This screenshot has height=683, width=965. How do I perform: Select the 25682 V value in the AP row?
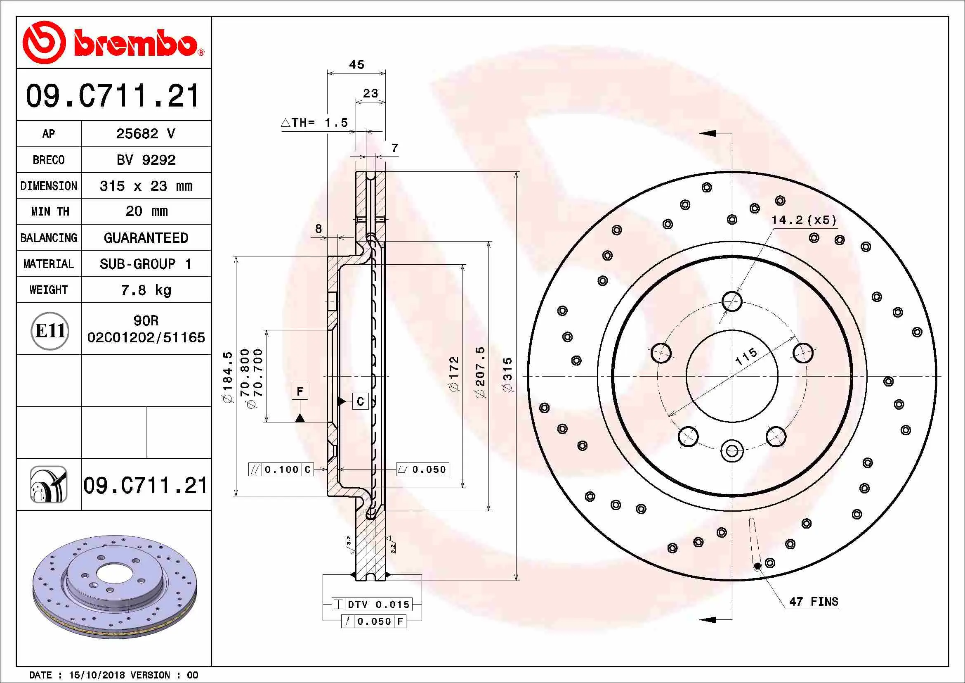click(x=145, y=134)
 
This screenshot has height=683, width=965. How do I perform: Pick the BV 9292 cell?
click(x=145, y=160)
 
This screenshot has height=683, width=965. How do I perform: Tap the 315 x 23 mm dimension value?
click(x=145, y=186)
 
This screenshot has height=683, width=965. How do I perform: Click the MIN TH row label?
click(x=50, y=211)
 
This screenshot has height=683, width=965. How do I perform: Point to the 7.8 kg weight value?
click(x=145, y=290)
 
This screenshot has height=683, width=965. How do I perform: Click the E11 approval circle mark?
click(x=50, y=331)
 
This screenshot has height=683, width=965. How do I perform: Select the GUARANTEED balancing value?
click(x=145, y=238)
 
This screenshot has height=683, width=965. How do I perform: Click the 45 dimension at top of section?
click(x=356, y=65)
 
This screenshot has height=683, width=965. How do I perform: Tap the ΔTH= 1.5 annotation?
click(x=314, y=123)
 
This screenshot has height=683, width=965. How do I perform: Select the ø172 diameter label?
click(x=454, y=374)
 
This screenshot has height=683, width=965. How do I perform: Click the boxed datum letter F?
click(x=300, y=391)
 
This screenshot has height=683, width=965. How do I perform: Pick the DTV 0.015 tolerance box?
click(x=373, y=605)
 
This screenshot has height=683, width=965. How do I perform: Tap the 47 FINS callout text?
click(x=813, y=602)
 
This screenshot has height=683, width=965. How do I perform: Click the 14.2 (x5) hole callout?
click(x=804, y=220)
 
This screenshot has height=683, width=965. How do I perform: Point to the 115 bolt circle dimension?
click(x=746, y=356)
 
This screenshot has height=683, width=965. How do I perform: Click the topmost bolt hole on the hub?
click(x=732, y=301)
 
